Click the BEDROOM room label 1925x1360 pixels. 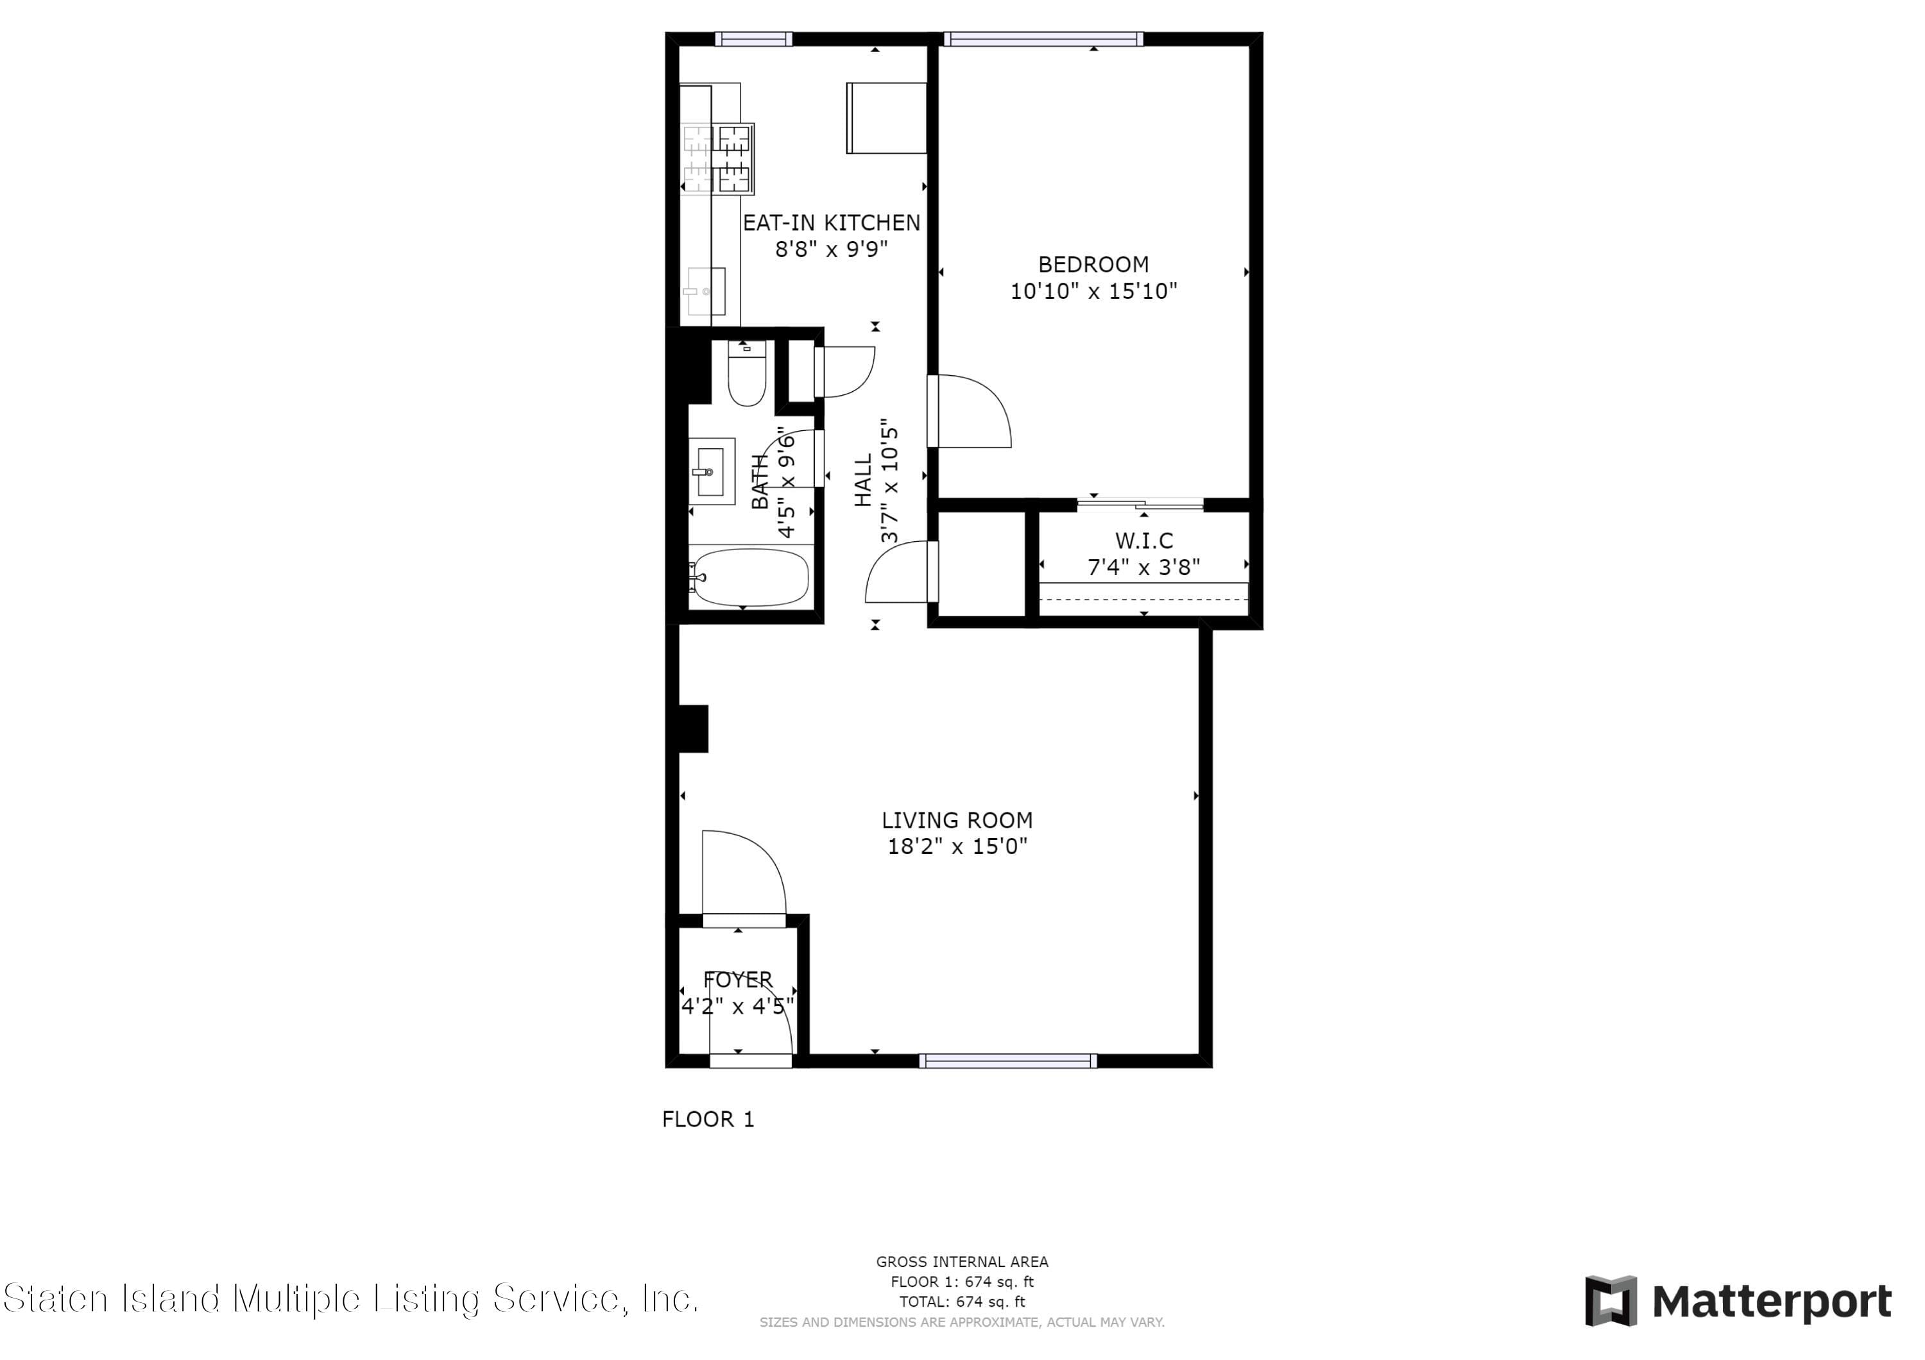(1093, 265)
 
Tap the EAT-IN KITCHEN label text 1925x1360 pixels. (831, 223)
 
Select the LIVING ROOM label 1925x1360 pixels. (957, 820)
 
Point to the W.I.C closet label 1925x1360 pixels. (1143, 541)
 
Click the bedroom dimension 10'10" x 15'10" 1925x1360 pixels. (1093, 290)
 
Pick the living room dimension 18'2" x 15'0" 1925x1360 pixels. (957, 846)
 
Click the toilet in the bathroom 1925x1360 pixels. (747, 374)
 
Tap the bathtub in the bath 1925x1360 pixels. (749, 577)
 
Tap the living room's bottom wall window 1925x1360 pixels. (1008, 1061)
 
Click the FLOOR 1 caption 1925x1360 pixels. (708, 1120)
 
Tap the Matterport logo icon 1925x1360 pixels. (1611, 1302)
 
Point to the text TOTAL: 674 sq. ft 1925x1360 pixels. (963, 1302)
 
